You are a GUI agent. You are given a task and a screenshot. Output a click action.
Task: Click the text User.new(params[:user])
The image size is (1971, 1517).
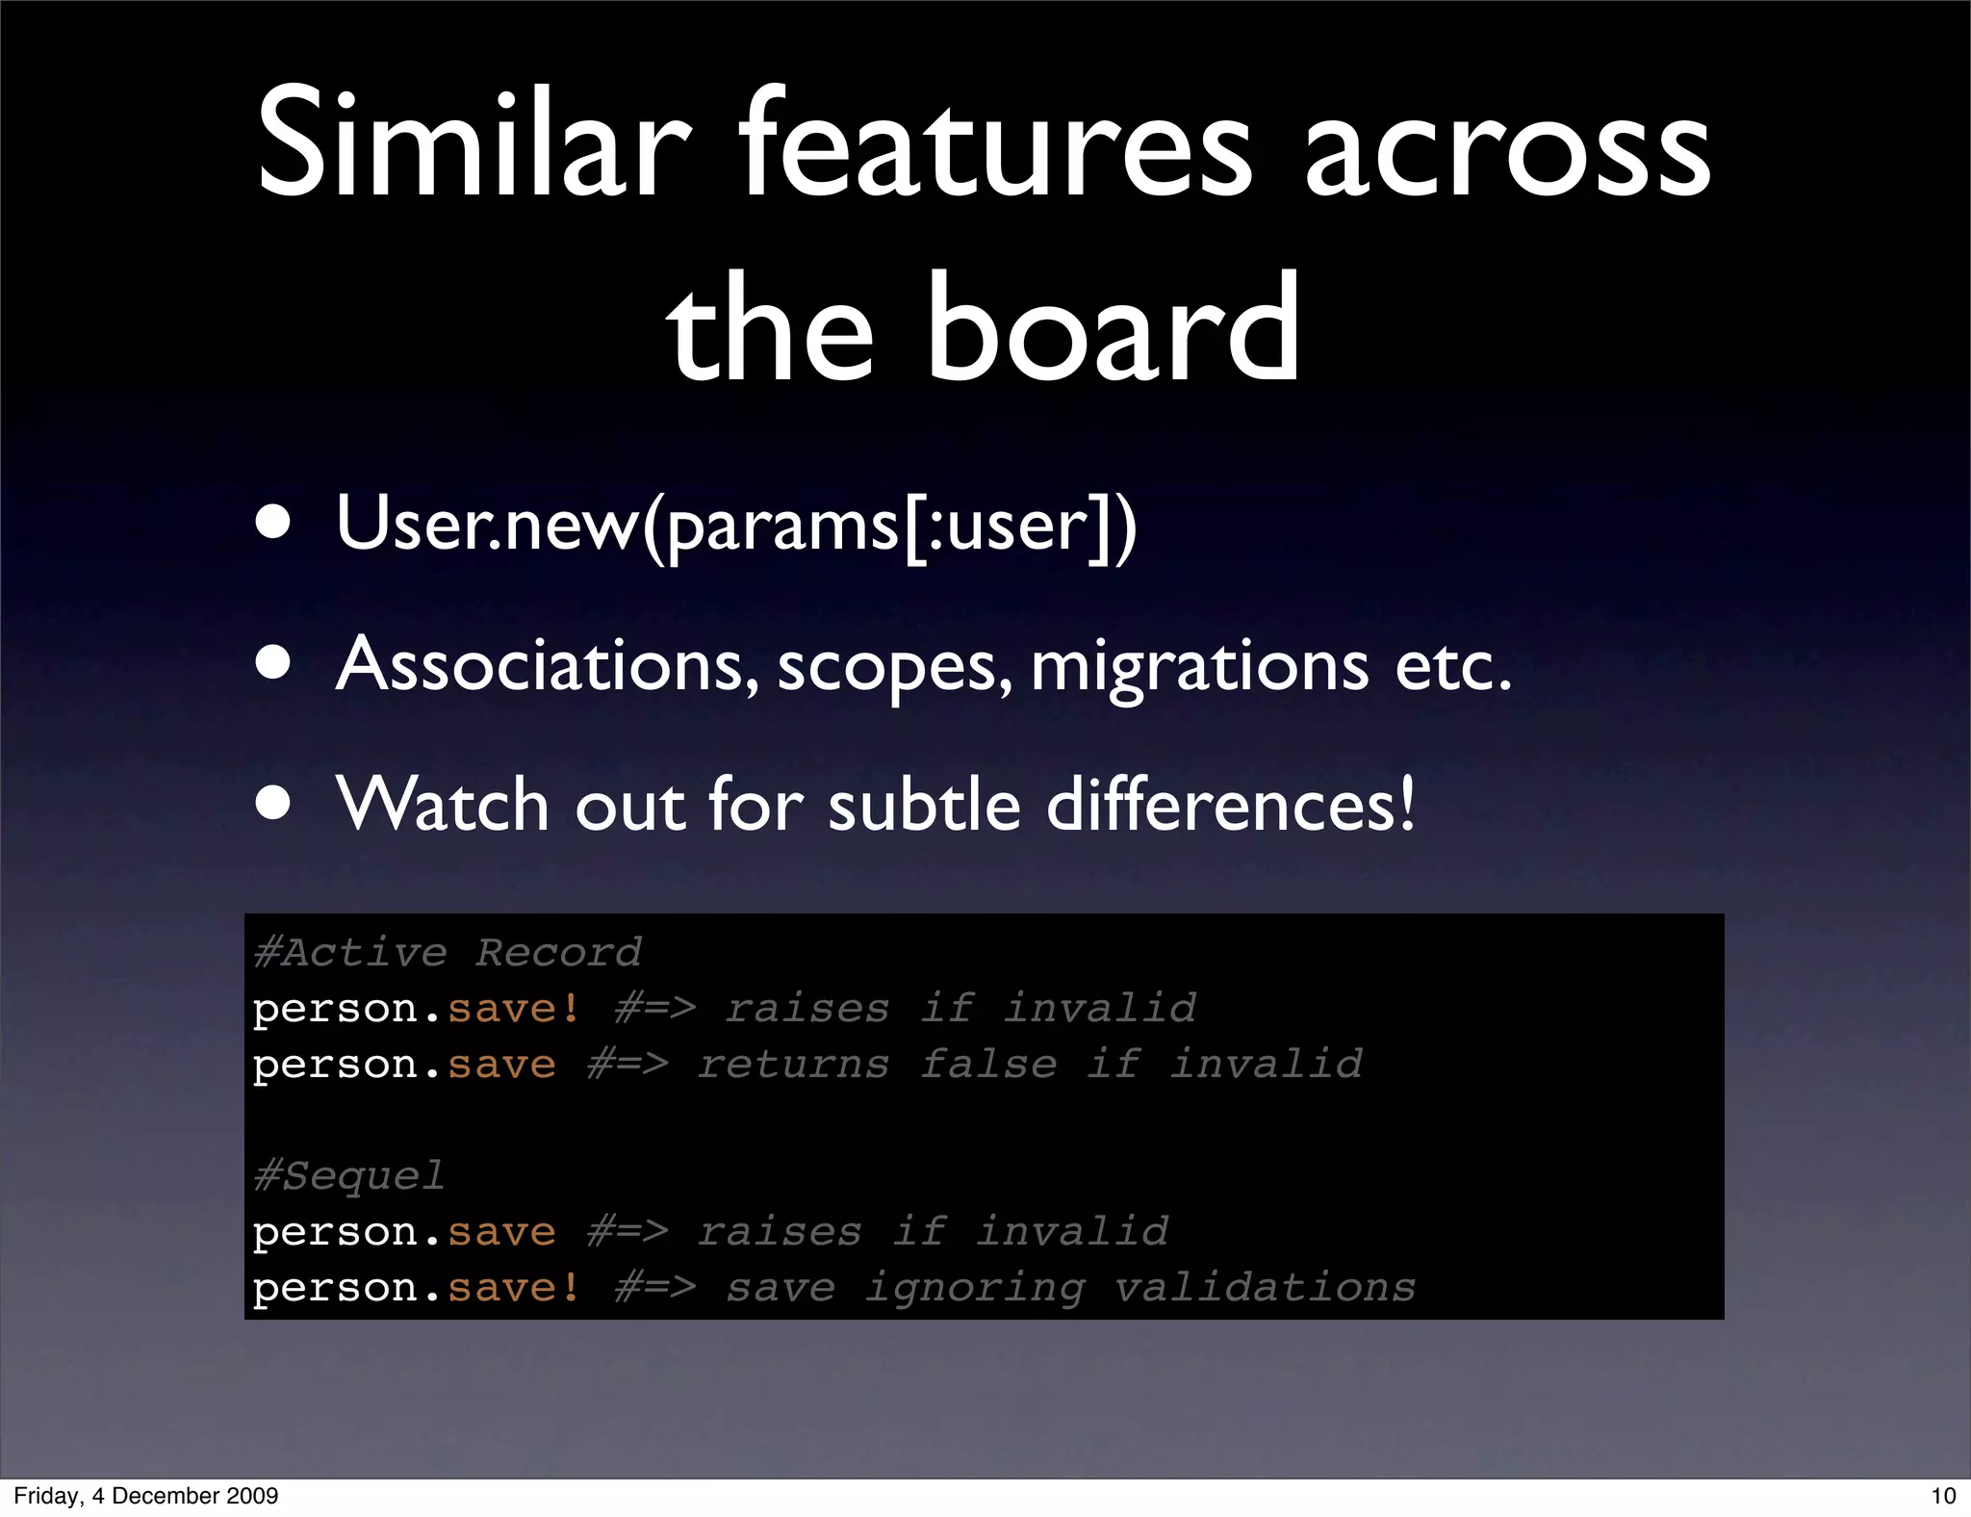tap(736, 525)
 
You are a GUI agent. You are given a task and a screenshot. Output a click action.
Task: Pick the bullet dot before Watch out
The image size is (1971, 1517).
tap(274, 803)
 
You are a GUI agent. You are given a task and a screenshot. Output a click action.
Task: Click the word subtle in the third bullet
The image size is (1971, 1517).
tap(924, 804)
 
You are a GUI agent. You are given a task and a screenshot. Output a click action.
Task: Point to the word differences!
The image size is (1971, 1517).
tap(1231, 804)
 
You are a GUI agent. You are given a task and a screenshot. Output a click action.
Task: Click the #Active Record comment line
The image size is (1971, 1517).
tap(448, 953)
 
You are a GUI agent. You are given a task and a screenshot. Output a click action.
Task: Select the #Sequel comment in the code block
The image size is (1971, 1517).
tap(349, 1176)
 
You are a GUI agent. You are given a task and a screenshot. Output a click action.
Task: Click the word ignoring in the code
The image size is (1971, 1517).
tap(975, 1289)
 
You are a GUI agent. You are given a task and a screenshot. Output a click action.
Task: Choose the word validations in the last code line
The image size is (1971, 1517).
tap(1265, 1287)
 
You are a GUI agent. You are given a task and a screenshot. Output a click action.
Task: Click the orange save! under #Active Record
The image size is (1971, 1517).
tap(514, 1009)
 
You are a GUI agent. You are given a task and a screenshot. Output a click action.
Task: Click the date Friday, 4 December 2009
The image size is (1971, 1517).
tap(146, 1496)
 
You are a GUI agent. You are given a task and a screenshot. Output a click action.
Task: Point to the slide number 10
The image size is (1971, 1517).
tap(1943, 1496)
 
